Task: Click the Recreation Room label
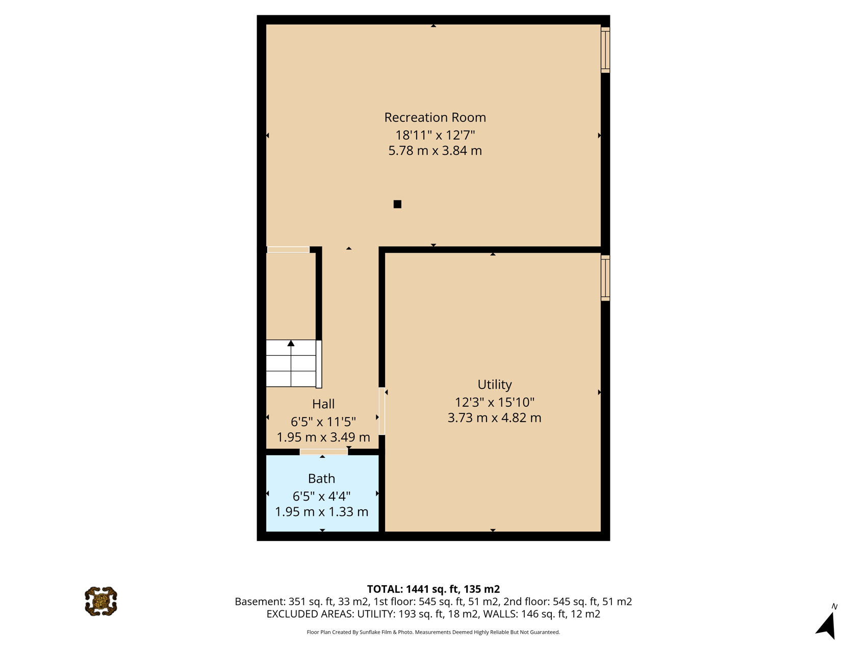435,118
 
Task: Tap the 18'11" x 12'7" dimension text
435,135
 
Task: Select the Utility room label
494,385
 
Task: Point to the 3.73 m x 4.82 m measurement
494,418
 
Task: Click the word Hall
323,404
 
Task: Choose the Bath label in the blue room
321,479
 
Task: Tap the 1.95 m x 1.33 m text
321,511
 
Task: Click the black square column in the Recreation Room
397,204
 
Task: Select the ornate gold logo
101,602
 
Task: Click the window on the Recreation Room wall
605,50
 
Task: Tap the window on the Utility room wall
605,278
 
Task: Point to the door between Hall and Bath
324,452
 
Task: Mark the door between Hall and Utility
381,411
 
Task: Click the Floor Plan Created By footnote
433,632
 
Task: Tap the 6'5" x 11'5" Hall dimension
323,422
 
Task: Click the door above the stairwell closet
288,250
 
